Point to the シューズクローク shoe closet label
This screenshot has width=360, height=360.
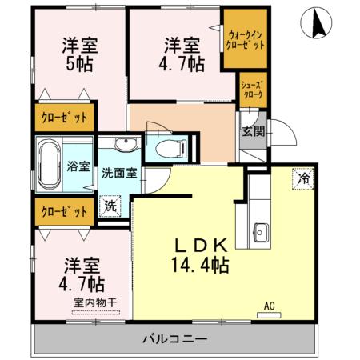click(254, 89)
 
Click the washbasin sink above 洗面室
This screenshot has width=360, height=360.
click(125, 145)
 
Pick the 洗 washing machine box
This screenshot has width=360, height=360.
click(109, 205)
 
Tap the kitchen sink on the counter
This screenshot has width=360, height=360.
click(262, 233)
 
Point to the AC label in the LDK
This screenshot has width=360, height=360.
click(270, 305)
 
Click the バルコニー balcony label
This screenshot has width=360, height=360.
click(174, 339)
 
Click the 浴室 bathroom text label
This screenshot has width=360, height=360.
click(78, 167)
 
